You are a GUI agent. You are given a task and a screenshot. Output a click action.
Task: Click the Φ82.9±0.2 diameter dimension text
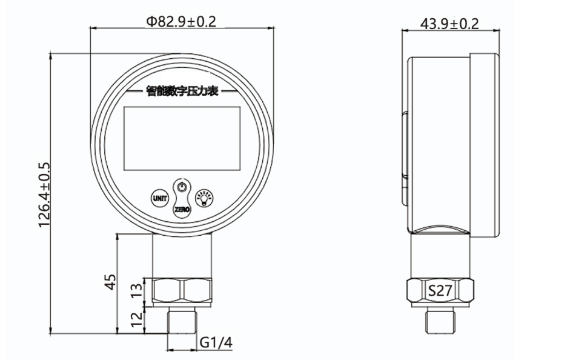point(181,22)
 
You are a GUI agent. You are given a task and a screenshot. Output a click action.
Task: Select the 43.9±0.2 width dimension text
point(449,24)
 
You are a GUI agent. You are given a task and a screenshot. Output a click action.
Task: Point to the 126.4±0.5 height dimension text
point(44,195)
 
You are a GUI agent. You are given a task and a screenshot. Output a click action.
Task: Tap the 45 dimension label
point(110,282)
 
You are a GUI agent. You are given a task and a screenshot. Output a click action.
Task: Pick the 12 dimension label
point(138,319)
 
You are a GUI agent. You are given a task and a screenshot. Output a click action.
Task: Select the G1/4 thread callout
point(216,342)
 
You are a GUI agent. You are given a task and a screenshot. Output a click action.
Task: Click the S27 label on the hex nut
point(440,290)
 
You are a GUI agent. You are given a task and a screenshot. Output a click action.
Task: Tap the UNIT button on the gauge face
point(160,198)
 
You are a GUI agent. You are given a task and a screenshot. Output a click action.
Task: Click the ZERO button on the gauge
point(182,210)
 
